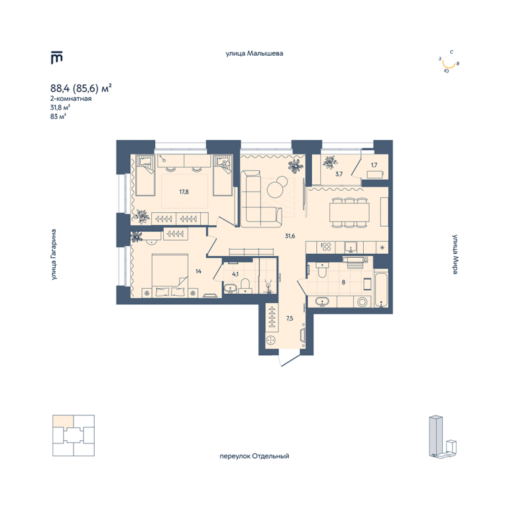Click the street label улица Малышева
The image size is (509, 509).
[254, 53]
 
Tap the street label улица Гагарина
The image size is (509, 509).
[54, 254]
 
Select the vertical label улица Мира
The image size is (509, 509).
[455, 254]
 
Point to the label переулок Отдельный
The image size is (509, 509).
[254, 456]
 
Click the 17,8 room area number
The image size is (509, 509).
[184, 192]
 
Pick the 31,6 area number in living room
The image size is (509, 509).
[290, 236]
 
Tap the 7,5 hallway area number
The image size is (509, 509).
[290, 318]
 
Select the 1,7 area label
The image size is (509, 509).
[374, 165]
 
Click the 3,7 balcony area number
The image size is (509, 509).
[339, 174]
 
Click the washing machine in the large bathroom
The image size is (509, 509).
[363, 302]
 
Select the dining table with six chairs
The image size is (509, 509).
[350, 212]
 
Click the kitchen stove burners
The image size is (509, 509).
[326, 247]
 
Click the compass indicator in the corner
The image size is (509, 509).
[449, 62]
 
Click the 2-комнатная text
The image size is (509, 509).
[71, 98]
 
